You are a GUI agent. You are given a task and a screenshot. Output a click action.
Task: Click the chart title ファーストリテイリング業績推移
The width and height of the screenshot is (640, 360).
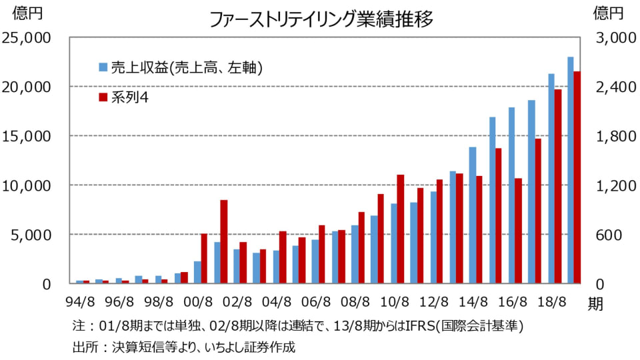point(321,19)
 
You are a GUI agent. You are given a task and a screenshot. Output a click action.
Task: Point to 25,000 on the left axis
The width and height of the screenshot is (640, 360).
point(27,38)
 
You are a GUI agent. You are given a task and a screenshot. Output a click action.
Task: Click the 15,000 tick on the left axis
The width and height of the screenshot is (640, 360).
point(27,136)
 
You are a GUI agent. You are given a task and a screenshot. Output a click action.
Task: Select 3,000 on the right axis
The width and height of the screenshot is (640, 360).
point(609,38)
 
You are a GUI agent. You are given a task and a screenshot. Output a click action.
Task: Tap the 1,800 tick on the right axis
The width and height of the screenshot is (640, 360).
point(609,136)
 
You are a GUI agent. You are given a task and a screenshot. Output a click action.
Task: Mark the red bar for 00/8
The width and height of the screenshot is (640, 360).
point(204,259)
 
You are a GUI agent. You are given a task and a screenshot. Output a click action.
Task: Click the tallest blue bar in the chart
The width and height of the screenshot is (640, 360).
point(571,170)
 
